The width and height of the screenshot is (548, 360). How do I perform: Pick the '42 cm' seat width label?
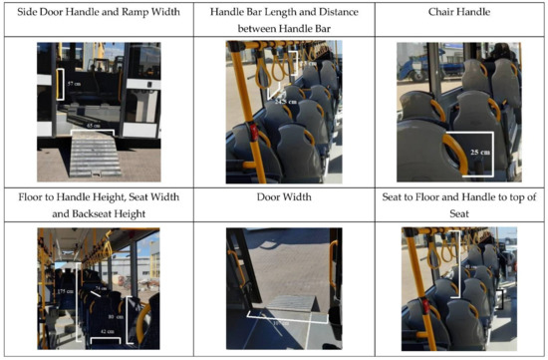coord(106,329)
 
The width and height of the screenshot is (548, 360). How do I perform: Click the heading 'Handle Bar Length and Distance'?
coord(275,10)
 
